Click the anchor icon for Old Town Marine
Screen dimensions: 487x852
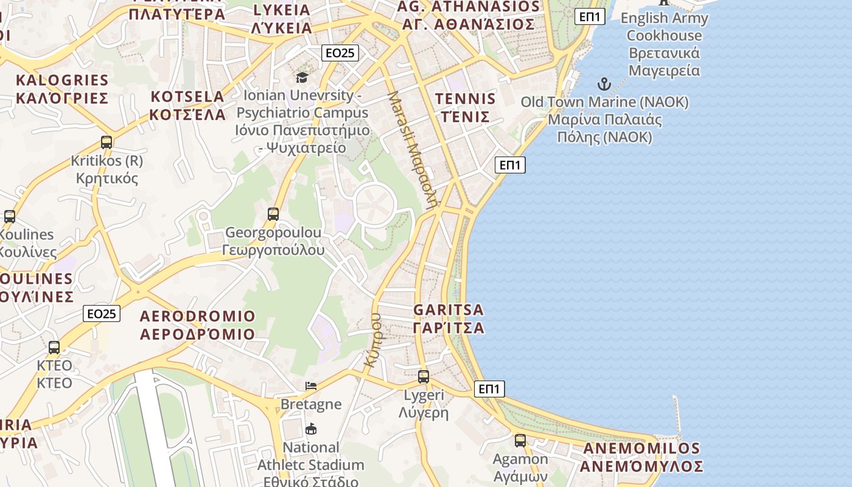pos(604,84)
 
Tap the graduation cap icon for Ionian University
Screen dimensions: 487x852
pos(302,77)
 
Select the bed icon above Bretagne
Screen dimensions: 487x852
pos(311,386)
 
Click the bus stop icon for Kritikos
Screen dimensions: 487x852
pos(106,142)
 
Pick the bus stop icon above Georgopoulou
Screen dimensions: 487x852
pos(273,214)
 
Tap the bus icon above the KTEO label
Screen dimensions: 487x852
pos(54,348)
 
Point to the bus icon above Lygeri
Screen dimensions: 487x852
pos(424,377)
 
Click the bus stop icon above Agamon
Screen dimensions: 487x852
pos(520,441)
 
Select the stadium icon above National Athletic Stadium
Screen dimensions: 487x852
pos(311,429)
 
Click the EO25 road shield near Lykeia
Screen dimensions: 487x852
pos(340,53)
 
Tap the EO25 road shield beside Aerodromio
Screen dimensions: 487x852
pos(102,314)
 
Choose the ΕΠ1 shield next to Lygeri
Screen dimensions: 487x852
pos(489,389)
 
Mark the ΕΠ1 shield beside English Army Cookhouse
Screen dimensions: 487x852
pos(590,16)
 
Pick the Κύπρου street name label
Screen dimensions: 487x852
pos(372,340)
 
